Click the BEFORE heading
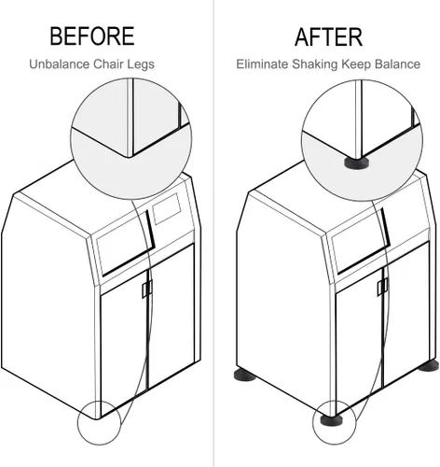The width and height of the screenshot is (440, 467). click(x=92, y=36)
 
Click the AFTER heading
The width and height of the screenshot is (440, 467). click(x=328, y=37)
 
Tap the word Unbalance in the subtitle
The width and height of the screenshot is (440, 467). click(x=59, y=64)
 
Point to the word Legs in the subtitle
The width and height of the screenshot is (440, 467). click(x=141, y=64)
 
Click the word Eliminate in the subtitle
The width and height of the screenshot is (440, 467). click(x=262, y=64)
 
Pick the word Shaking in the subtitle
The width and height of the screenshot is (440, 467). click(x=314, y=64)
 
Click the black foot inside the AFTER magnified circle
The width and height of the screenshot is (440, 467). click(x=356, y=163)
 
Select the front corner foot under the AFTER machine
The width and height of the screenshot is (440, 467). click(x=332, y=419)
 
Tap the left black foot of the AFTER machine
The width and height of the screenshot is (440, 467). click(x=244, y=375)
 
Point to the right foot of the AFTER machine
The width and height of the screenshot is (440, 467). click(x=429, y=366)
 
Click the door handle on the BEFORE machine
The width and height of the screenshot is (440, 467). click(x=147, y=289)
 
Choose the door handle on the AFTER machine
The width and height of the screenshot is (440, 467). click(x=382, y=287)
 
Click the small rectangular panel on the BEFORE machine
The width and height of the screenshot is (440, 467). click(x=167, y=208)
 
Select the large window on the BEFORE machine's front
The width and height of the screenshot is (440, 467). click(x=125, y=244)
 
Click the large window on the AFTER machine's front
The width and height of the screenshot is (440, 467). click(x=361, y=242)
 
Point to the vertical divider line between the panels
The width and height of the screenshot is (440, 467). click(x=213, y=233)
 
